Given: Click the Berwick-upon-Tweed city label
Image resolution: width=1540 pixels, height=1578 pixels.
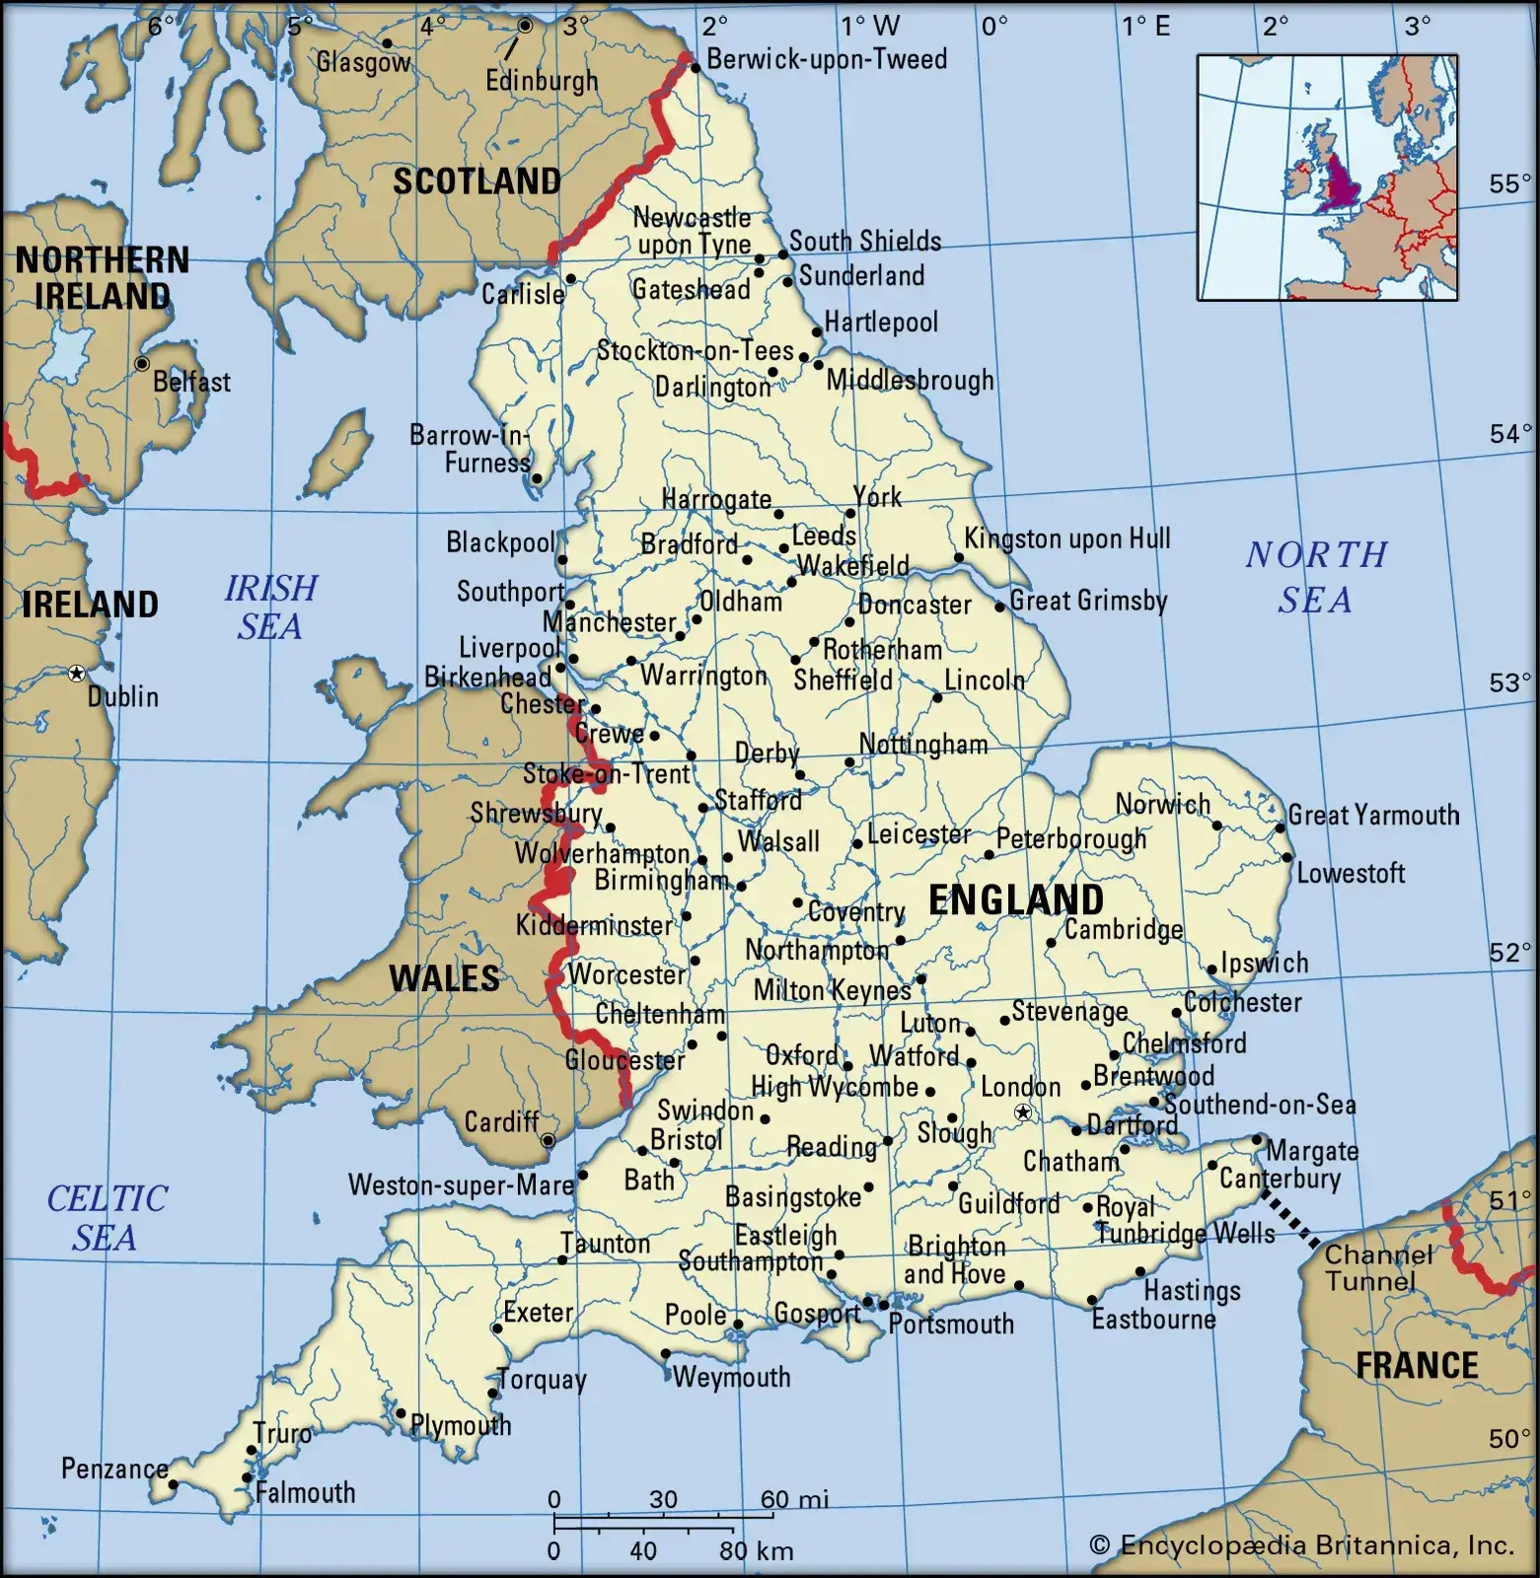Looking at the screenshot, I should click(x=826, y=59).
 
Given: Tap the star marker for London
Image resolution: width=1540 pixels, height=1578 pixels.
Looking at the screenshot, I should click(x=1024, y=1113).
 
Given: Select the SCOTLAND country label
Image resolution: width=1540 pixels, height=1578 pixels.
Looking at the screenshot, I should click(x=477, y=181).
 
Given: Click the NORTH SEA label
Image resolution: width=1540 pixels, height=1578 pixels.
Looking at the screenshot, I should click(x=1316, y=577).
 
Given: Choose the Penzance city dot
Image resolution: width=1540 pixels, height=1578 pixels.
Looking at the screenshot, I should click(x=173, y=1484).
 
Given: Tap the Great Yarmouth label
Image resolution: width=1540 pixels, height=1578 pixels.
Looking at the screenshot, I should click(x=1373, y=815).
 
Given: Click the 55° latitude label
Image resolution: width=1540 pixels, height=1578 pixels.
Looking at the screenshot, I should click(x=1509, y=184).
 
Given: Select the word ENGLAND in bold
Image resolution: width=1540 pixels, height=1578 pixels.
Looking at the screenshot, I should click(x=1015, y=900).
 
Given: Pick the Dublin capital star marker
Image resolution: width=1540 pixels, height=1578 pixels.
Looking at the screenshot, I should click(x=76, y=674).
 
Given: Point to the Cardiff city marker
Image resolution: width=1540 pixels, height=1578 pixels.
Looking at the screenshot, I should click(x=549, y=1140).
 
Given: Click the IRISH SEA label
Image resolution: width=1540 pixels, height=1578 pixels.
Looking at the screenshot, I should click(x=270, y=607).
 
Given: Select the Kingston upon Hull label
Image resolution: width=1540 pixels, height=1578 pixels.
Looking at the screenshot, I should click(x=1066, y=538).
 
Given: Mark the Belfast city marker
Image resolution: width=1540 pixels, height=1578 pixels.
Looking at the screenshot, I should click(x=142, y=364).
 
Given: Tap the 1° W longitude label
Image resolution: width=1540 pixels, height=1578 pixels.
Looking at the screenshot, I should click(x=869, y=25).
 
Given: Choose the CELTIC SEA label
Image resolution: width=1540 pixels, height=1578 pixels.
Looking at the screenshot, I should click(x=107, y=1218).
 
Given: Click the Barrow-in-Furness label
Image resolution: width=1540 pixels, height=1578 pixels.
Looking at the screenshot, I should click(x=471, y=449).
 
